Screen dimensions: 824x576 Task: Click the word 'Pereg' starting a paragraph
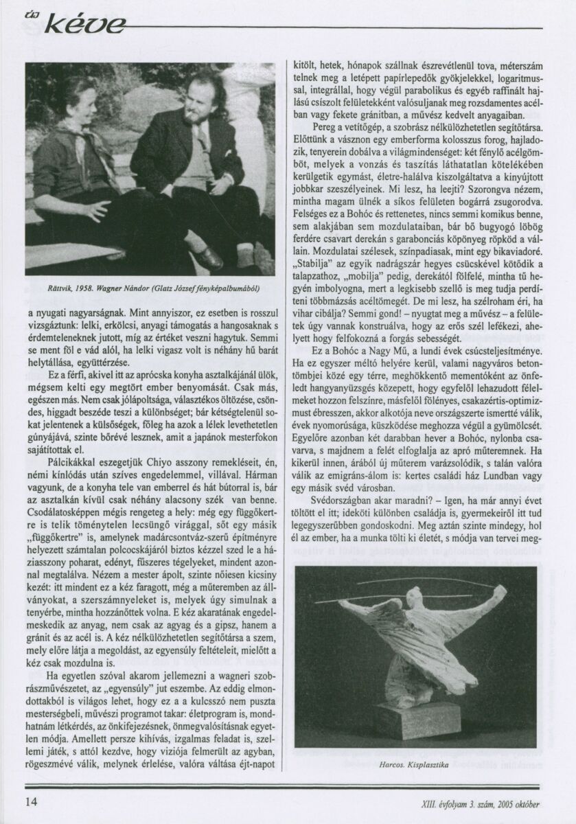pyautogui.click(x=323, y=128)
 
